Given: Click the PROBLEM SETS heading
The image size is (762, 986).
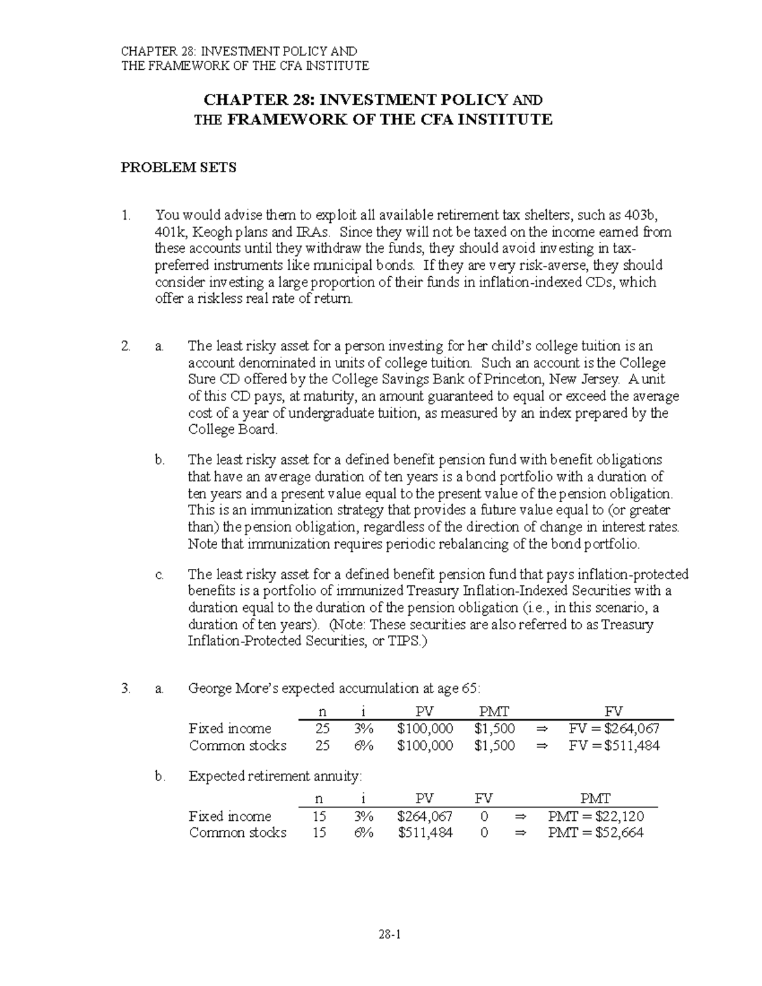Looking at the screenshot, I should click(x=178, y=168).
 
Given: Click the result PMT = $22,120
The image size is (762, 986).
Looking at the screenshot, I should click(x=596, y=816).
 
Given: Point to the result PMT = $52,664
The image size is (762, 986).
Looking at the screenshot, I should click(x=596, y=832).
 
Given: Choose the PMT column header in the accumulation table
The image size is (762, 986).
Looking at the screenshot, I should click(x=494, y=711).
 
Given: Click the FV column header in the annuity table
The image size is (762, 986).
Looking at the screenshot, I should click(x=484, y=799).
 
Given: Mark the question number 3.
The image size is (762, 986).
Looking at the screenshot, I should click(x=126, y=688).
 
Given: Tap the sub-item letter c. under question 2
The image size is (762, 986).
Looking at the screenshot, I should click(x=159, y=575).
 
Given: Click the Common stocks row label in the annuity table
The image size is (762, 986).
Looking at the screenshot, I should click(x=237, y=832).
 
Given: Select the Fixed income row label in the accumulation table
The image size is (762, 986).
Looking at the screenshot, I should click(x=230, y=728).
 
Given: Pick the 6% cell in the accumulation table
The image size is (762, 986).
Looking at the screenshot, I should click(x=364, y=745).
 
